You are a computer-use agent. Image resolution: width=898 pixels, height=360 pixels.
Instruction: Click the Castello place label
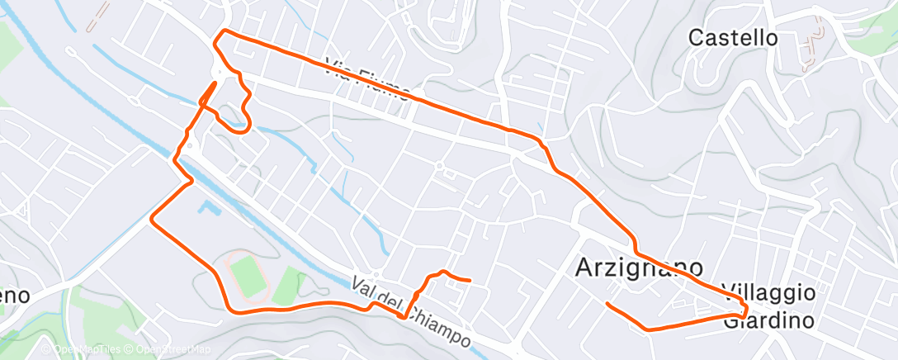point(733,37)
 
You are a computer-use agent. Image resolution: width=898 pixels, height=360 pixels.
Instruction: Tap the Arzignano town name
point(639,268)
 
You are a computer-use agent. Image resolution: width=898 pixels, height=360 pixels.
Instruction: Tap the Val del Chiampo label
point(411,311)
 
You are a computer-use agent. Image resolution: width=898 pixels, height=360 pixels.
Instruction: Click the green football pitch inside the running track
point(246,273)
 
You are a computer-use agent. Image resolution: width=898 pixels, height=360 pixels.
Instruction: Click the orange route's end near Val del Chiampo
point(470,281)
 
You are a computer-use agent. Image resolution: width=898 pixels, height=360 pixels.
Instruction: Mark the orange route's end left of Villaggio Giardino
point(607,304)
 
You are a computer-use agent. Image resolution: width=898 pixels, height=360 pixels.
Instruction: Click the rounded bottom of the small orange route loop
point(241,129)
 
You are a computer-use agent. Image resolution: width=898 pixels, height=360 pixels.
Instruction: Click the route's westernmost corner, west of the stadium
point(150,220)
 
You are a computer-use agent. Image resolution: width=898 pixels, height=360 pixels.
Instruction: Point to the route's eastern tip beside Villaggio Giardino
point(745,310)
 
